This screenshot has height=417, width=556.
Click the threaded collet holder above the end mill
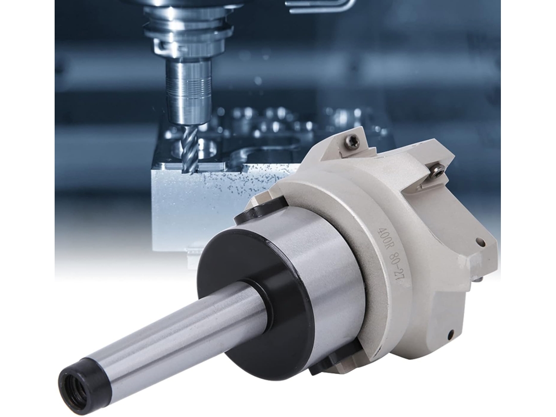(x=188, y=92)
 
